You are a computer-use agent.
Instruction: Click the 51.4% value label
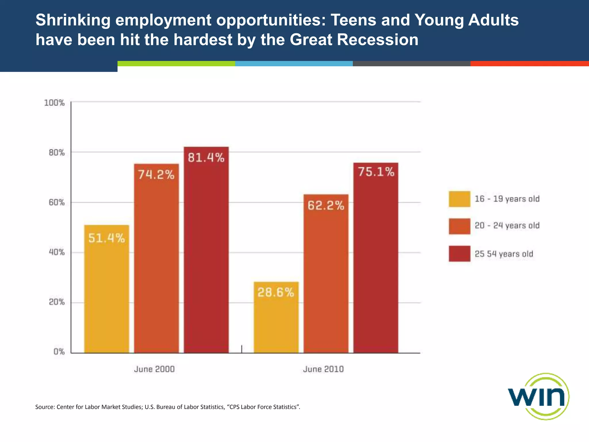[x=106, y=238]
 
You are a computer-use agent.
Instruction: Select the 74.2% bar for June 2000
[x=156, y=259]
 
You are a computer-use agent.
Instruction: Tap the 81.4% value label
[x=206, y=158]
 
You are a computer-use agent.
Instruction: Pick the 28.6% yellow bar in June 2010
[x=276, y=319]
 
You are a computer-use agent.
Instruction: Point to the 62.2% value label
[x=326, y=206]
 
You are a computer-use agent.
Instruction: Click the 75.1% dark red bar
[x=376, y=259]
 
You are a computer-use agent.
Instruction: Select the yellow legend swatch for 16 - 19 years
[x=459, y=199]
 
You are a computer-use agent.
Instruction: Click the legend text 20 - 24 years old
[x=507, y=226]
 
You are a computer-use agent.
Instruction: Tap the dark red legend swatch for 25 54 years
[x=459, y=254]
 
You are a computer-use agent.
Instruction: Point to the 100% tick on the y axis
[x=54, y=103]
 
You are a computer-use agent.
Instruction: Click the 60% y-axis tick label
[x=56, y=203]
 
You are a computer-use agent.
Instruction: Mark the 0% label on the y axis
[x=59, y=352]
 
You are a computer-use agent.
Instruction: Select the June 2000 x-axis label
[x=154, y=369]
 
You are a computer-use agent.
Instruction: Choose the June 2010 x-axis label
[x=323, y=369]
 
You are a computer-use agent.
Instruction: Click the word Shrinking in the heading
[x=73, y=20]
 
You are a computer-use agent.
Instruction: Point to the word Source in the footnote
[x=44, y=407]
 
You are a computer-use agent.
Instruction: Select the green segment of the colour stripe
[x=176, y=64]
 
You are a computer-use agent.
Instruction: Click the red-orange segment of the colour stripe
[x=529, y=64]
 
